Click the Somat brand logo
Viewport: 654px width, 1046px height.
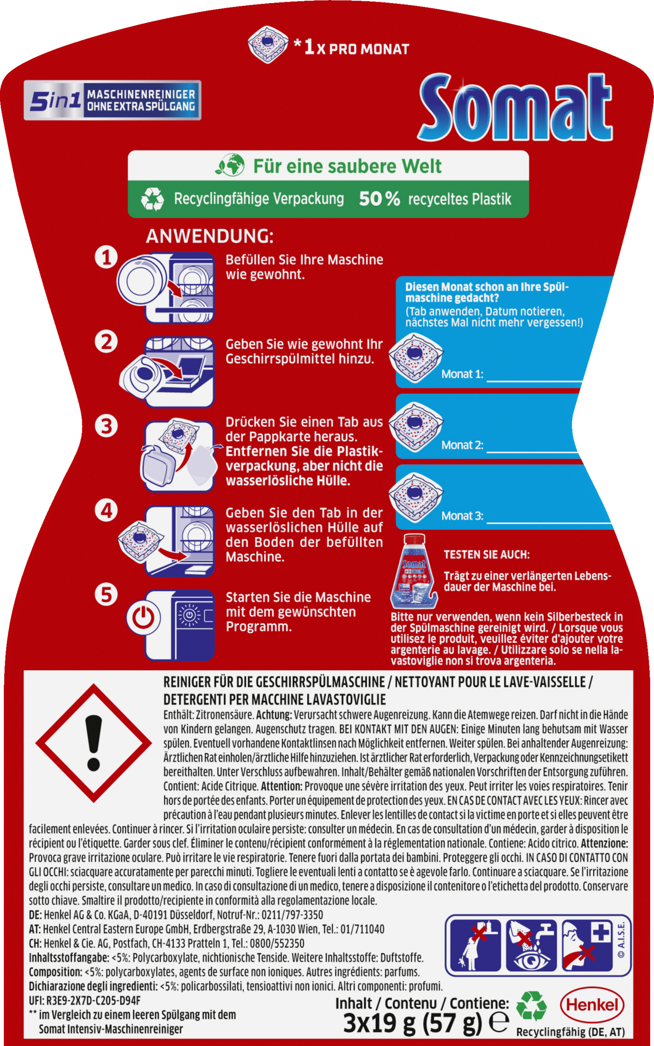coord(515,108)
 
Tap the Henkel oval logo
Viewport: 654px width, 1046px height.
coord(592,1005)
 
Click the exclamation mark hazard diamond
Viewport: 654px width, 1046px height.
coord(94,743)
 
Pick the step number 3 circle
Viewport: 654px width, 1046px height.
coord(106,426)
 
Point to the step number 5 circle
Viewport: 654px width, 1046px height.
coord(106,594)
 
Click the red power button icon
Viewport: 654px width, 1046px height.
coord(143,618)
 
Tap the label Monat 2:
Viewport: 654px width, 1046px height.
coord(462,445)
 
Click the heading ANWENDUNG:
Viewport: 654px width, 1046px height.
coord(210,236)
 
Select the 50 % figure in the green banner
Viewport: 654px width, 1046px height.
coord(379,199)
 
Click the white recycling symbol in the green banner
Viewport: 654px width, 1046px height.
coord(152,199)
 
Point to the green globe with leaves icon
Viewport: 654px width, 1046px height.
coord(230,165)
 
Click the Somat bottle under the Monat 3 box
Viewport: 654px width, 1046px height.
coord(414,571)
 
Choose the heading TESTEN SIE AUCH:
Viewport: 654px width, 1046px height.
coord(487,554)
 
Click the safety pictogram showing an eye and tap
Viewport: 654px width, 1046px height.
coord(531,946)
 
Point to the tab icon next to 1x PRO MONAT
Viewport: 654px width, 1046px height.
coord(268,44)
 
